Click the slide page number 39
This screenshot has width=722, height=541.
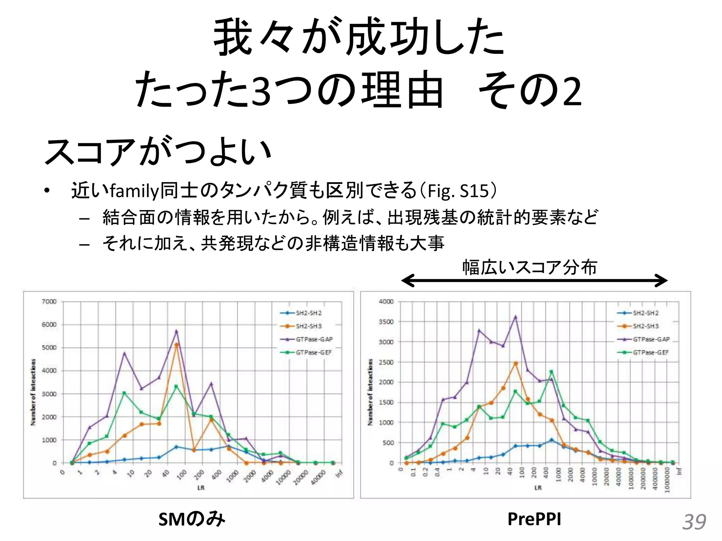(x=694, y=522)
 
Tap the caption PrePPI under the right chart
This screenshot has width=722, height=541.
(x=534, y=519)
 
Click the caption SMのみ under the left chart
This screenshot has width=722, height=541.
(x=191, y=519)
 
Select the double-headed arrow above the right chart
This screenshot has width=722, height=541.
(x=534, y=281)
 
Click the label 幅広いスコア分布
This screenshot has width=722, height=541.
(x=530, y=267)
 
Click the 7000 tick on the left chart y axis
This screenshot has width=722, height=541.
(x=49, y=301)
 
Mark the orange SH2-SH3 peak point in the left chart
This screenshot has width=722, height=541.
(x=177, y=345)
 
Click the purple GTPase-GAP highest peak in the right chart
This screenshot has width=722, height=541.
(x=515, y=317)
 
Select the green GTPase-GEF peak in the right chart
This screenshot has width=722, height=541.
(x=551, y=372)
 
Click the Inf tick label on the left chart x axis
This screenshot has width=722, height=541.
(x=339, y=474)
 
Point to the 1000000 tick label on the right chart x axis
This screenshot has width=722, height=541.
(x=667, y=480)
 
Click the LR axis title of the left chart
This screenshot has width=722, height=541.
(x=201, y=488)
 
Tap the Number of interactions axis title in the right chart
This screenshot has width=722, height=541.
(x=370, y=392)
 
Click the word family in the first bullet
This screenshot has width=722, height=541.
(x=134, y=191)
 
